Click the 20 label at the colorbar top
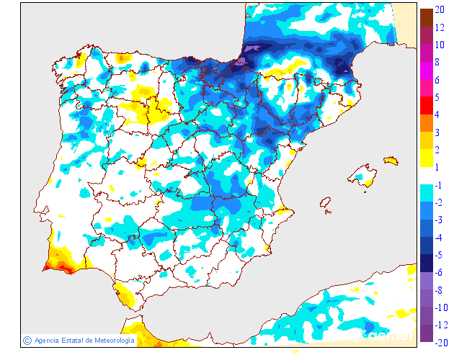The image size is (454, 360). (440, 10)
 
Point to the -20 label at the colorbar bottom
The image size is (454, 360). (440, 343)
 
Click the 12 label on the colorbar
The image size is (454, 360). (440, 27)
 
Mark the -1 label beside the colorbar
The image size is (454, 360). (440, 185)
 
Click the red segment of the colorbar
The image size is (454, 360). (426, 105)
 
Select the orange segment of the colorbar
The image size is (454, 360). (426, 123)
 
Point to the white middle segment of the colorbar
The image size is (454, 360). (426, 176)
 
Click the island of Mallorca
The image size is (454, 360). (363, 175)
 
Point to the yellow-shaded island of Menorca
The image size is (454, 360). (391, 160)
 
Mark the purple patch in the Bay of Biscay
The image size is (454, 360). (252, 49)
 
